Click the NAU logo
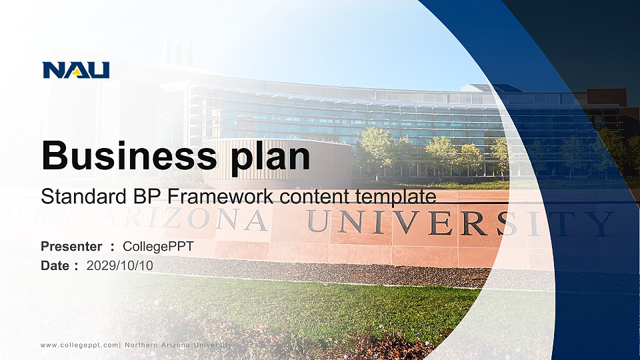[x=76, y=70]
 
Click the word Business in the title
[x=129, y=155]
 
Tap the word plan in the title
[x=270, y=157]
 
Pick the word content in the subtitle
[x=314, y=197]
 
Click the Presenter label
[x=71, y=247]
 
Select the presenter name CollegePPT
[x=159, y=247]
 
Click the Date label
[x=55, y=266]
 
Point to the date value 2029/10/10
[x=119, y=266]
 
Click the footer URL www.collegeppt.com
[x=79, y=345]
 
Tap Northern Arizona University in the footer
[x=179, y=345]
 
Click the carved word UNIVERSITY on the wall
[x=460, y=223]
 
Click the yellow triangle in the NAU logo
[x=76, y=72]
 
